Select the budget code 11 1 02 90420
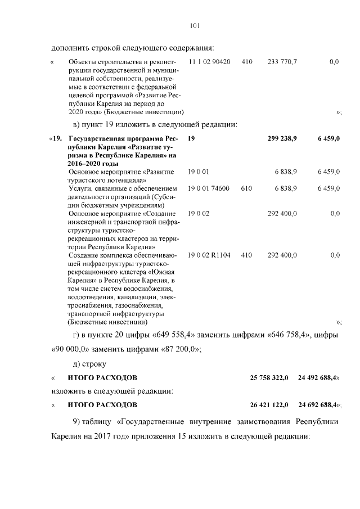click(x=209, y=61)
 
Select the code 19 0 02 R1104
click(x=209, y=255)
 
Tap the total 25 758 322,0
click(x=269, y=378)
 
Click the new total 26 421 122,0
click(x=269, y=404)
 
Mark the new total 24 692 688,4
click(x=319, y=404)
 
